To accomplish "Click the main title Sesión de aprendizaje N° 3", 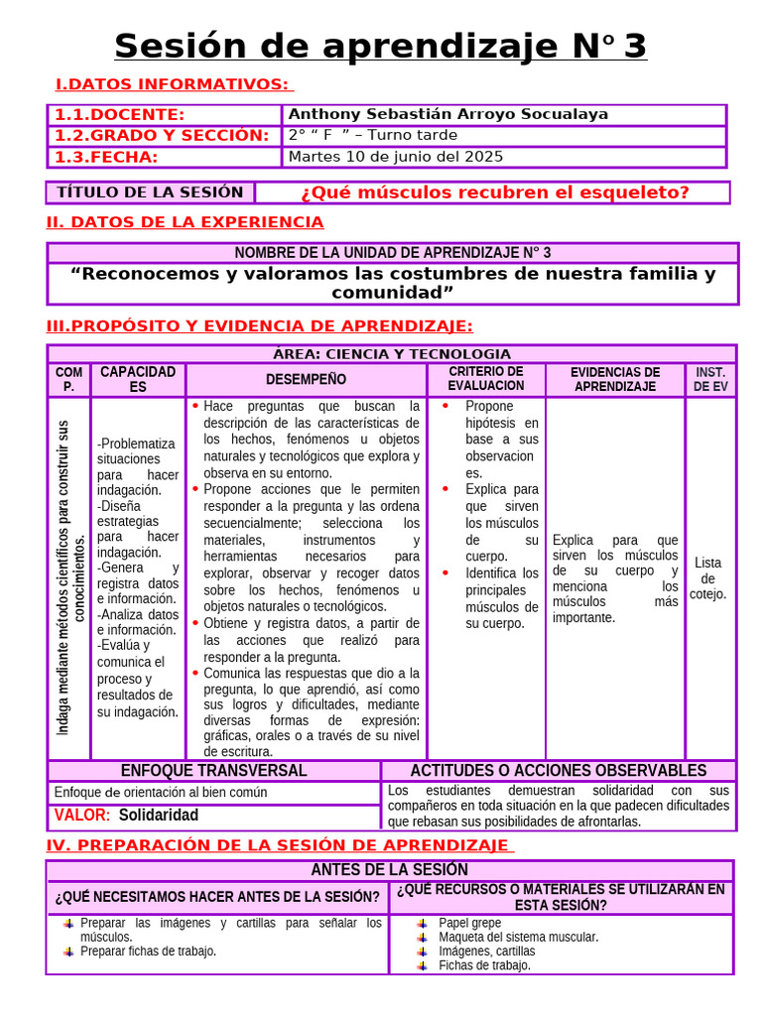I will pos(380,46).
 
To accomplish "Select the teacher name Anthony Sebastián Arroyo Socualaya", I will pos(447,114).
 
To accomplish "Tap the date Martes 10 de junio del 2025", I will pos(395,157).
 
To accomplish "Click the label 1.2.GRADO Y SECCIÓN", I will pos(162,135).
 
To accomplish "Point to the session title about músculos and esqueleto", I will pos(494,192).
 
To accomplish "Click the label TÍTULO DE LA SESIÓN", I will pos(150,192).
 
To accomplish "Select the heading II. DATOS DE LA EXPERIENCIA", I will pos(186,222).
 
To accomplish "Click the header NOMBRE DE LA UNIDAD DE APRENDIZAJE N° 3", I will pos(392,253).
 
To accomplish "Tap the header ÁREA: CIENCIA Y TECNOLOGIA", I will pos(392,354).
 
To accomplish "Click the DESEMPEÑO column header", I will pos(306,379).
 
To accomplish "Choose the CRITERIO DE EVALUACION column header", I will pos(485,378).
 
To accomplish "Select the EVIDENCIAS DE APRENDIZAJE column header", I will pos(615,379).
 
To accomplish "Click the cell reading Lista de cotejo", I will pos(708,578).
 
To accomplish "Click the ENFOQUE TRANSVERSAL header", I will pos(213,771).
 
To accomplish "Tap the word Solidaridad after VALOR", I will pos(159,816).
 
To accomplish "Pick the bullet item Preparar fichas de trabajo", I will pos(148,951).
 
